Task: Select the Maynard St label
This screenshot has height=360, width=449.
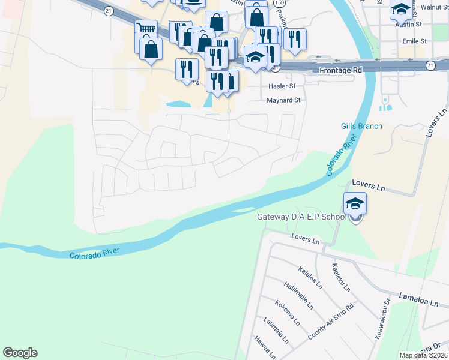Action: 283,101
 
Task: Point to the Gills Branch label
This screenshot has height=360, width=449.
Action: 361,126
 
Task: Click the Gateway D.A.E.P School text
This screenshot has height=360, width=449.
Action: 301,217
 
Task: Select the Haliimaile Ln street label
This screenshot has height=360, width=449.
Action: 299,296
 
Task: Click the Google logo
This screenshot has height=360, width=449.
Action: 20,353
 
